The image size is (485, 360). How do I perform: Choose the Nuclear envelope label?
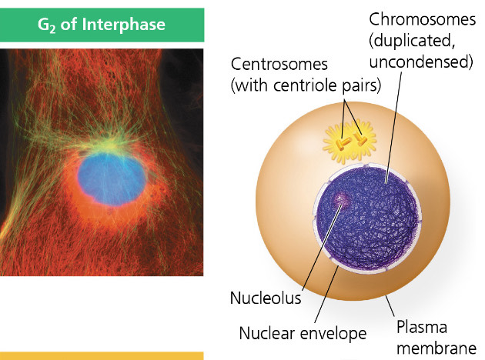pos(303,334)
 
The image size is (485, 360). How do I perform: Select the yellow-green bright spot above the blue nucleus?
pos(113,142)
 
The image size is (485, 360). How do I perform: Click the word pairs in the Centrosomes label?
pos(363,85)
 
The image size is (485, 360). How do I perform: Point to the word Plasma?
pos(421,327)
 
